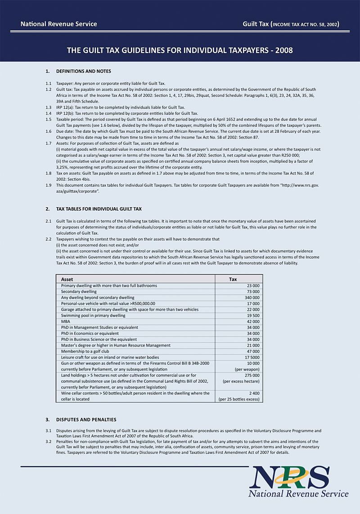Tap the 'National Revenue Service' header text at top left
click(58, 24)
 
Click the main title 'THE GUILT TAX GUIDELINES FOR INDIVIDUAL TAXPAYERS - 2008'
click(180, 50)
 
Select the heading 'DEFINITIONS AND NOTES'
click(83, 72)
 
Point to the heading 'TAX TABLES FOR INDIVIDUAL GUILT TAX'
click(99, 209)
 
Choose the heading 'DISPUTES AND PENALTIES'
click(86, 420)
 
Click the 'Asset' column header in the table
click(67, 279)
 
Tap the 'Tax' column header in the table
click(233, 279)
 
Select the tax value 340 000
click(252, 298)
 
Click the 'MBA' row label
click(65, 322)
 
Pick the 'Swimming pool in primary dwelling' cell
click(93, 316)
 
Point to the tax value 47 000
click(253, 352)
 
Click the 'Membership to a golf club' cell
click(85, 352)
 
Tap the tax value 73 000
click(253, 292)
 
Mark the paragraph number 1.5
click(48, 119)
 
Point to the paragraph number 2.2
click(48, 240)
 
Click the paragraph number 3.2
click(48, 442)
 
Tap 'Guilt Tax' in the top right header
click(256, 24)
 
